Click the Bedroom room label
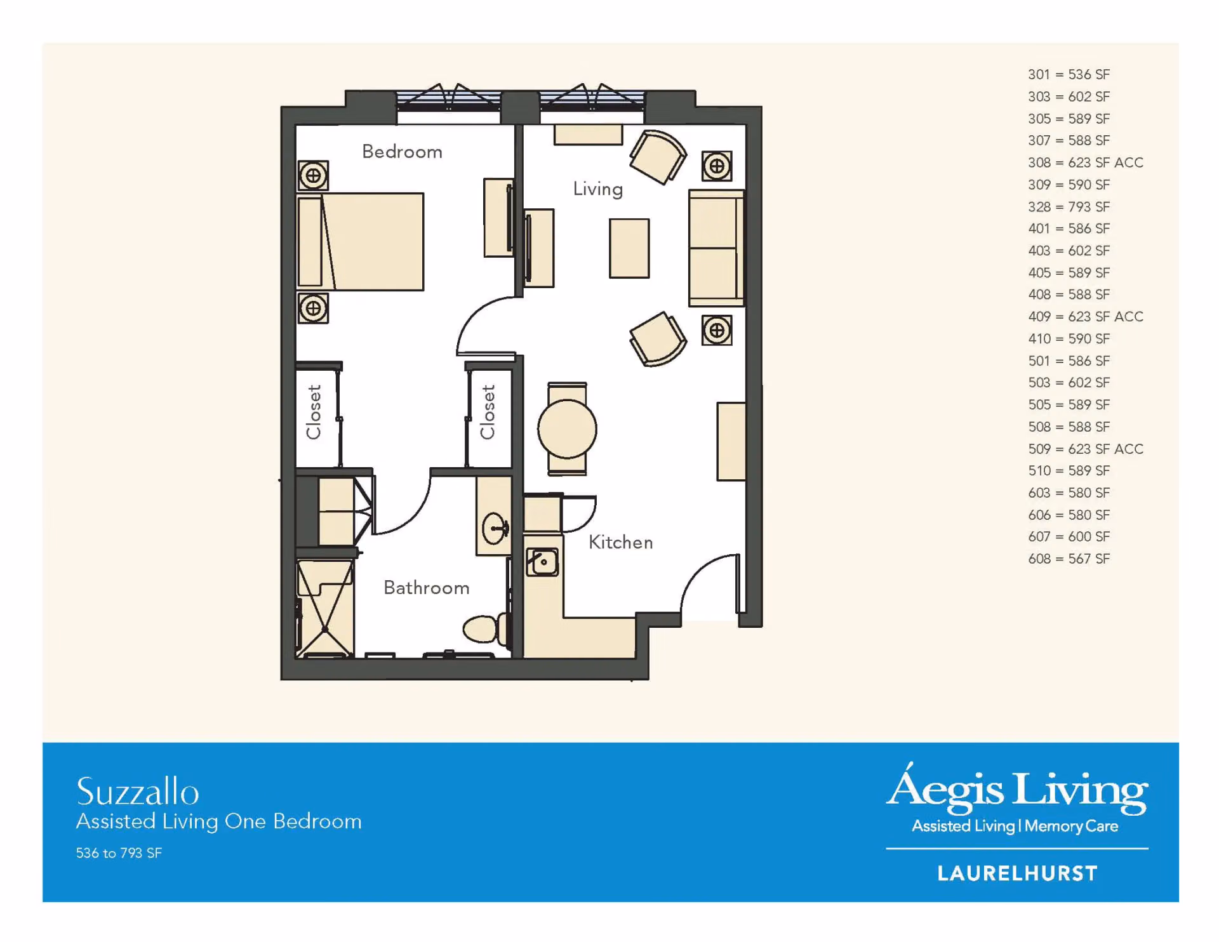402,152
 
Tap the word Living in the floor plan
597,189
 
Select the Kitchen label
620,542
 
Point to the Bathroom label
426,588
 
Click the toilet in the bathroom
485,629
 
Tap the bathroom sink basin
495,528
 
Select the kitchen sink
542,562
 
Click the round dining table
567,429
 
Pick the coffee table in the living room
629,248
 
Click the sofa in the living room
716,248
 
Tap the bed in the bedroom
361,242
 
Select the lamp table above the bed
313,176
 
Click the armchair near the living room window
658,156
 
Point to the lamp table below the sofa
717,330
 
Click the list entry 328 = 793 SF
1069,207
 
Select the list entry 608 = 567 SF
1069,559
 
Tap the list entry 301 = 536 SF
1069,74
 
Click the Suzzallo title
138,792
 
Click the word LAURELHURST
1017,873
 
